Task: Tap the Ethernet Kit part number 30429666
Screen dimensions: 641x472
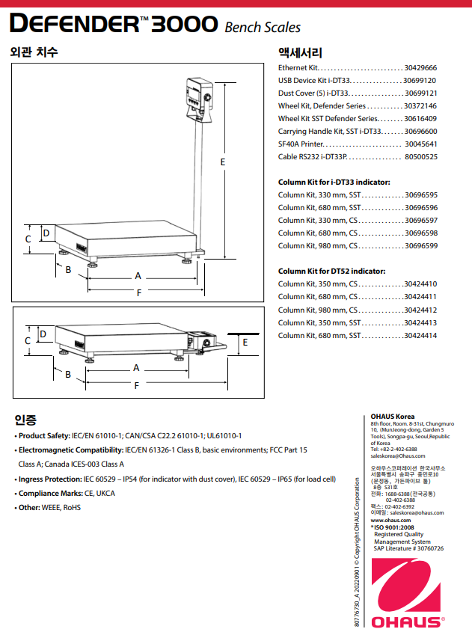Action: (x=420, y=67)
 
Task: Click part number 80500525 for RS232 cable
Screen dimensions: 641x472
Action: (x=420, y=156)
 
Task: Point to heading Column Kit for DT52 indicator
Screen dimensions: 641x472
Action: (x=331, y=271)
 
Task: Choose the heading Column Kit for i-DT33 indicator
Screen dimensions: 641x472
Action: (x=334, y=182)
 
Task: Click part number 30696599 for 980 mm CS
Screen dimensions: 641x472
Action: (x=420, y=245)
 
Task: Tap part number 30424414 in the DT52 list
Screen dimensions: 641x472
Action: (x=420, y=335)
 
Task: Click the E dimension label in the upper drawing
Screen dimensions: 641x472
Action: (x=223, y=162)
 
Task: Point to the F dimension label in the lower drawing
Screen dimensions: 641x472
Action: (x=136, y=385)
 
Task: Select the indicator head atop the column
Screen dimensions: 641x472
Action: (x=198, y=94)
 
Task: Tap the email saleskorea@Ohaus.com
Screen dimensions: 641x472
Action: (x=398, y=456)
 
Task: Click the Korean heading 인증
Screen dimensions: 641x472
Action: (x=25, y=419)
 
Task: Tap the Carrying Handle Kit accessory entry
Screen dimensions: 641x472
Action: (x=330, y=131)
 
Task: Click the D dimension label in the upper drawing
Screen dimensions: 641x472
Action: (x=46, y=233)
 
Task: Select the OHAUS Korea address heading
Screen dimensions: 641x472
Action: (x=393, y=417)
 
